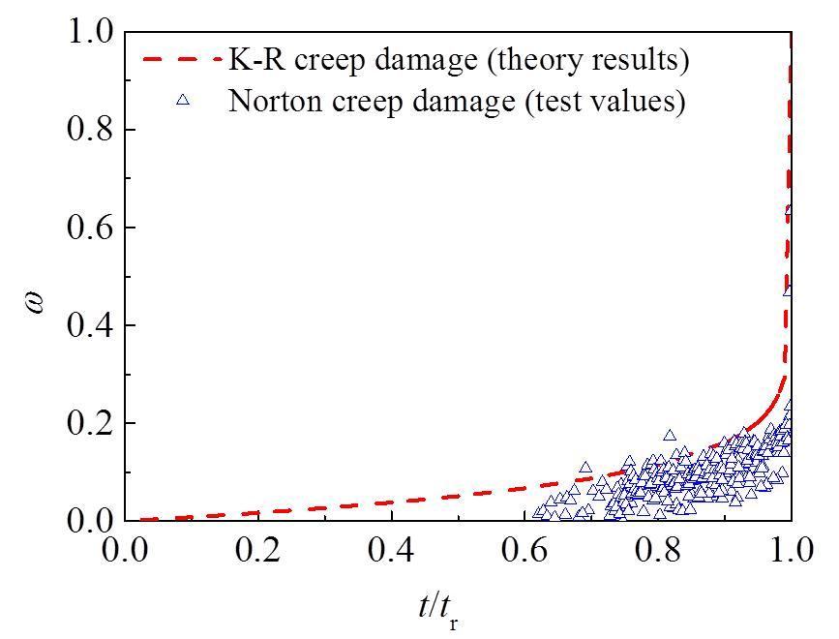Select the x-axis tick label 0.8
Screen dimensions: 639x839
[x=658, y=555]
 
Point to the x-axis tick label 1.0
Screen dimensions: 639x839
[x=791, y=555]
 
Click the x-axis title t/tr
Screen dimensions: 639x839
[x=437, y=608]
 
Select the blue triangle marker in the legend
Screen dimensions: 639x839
[x=181, y=100]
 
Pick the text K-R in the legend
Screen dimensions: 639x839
[x=250, y=60]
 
